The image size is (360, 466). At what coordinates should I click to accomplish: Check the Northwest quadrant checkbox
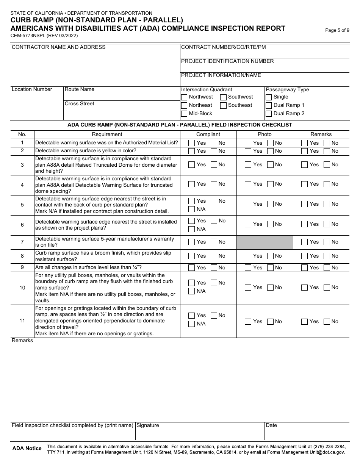[x=184, y=97]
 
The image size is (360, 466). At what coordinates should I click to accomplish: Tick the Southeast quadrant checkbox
[x=224, y=105]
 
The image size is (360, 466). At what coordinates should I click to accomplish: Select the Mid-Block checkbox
[x=184, y=114]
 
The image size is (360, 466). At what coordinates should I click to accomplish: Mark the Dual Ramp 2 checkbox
[x=269, y=114]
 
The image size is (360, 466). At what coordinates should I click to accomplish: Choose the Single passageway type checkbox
[x=269, y=97]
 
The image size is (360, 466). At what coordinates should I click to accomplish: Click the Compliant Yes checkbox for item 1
[x=192, y=143]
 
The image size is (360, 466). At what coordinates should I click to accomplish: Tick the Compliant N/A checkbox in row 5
[x=192, y=209]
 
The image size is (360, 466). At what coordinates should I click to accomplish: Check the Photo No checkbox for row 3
[x=271, y=165]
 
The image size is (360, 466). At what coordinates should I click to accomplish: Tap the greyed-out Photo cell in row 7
[x=265, y=242]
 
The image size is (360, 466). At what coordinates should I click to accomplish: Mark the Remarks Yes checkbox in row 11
[x=305, y=322]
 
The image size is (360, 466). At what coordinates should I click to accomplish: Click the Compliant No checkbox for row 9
[x=214, y=268]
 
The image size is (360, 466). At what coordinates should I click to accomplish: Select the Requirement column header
[x=107, y=134]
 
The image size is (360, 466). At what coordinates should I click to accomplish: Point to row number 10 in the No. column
[x=22, y=288]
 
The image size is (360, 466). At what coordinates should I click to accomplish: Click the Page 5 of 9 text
[x=337, y=31]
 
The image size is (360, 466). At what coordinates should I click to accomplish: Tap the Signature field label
[x=148, y=425]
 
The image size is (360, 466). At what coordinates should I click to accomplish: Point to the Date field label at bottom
[x=271, y=425]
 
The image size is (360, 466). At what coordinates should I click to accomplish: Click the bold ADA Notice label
[x=27, y=449]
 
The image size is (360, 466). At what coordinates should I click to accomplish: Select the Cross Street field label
[x=80, y=104]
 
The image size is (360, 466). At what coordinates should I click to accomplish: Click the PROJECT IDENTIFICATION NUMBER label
[x=227, y=61]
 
